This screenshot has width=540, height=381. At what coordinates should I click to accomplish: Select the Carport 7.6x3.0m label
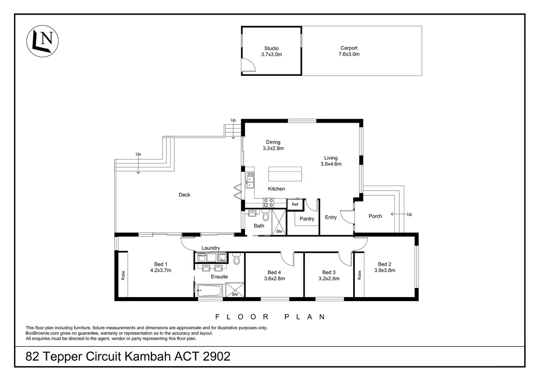tap(349, 51)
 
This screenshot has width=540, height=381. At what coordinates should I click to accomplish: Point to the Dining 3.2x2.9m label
tap(273, 145)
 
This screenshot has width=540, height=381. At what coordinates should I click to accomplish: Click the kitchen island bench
tap(285, 174)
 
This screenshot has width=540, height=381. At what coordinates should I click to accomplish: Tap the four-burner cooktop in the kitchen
tap(268, 203)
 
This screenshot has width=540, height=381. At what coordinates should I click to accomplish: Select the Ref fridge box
tap(295, 204)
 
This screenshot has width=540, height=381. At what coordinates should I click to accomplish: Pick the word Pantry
tap(307, 219)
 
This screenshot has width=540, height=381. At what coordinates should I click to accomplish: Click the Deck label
tap(185, 195)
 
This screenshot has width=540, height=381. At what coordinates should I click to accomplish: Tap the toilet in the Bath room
tap(266, 215)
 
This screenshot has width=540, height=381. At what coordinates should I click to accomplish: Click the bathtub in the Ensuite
tap(209, 291)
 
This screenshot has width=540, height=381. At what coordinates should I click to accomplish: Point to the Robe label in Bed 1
tap(123, 275)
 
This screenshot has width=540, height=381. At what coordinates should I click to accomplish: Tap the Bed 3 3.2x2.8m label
tap(329, 275)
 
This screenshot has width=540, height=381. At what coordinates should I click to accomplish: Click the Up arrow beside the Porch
tap(398, 214)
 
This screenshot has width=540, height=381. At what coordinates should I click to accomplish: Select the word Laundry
tap(211, 248)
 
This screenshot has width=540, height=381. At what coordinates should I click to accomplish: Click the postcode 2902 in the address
tap(216, 356)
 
